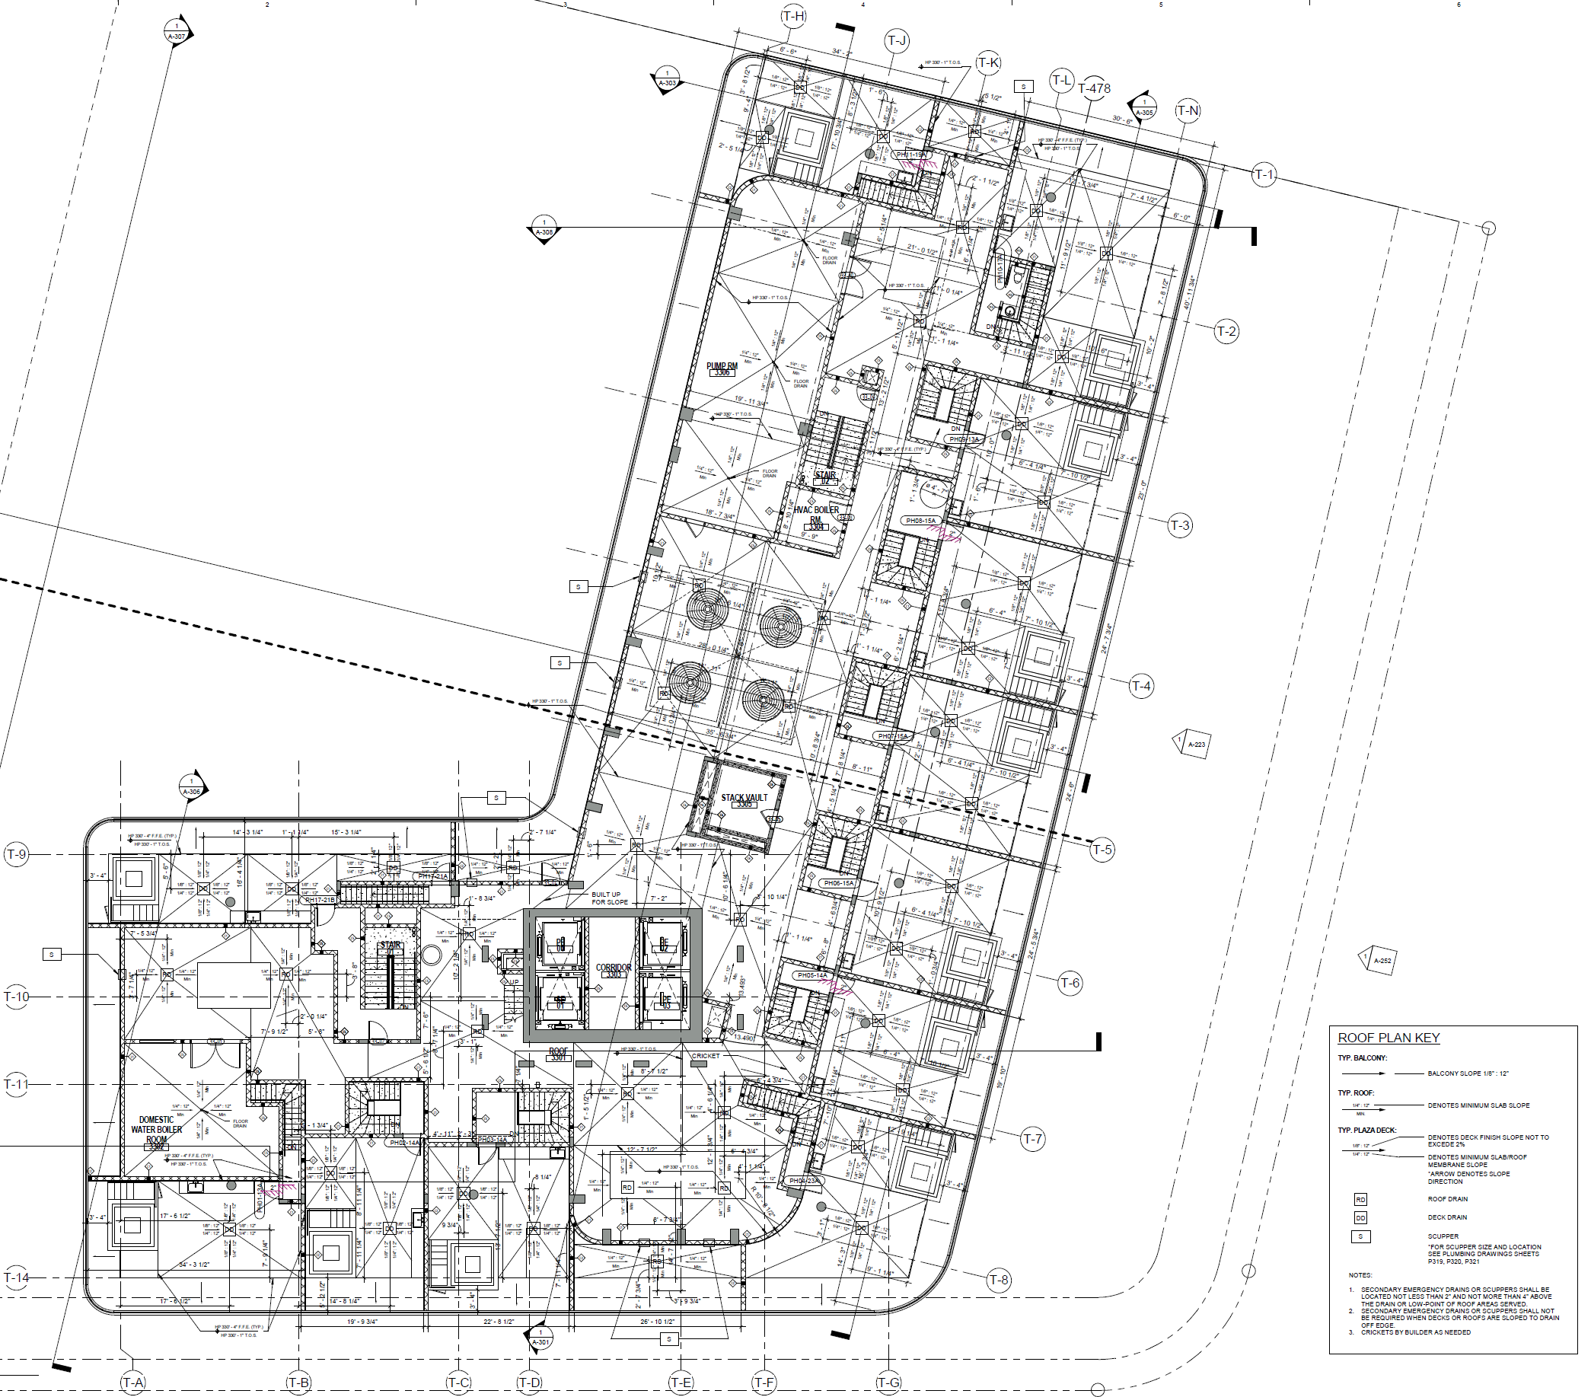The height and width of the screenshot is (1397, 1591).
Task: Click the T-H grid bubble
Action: coord(793,16)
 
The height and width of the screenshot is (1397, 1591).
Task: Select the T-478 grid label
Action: coord(1095,89)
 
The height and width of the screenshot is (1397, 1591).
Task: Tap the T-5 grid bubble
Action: coord(1102,849)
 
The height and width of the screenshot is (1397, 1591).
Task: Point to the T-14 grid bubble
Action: coord(15,1277)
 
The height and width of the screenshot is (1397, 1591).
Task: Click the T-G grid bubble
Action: coord(888,1383)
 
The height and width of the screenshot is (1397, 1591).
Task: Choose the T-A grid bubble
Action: coord(133,1383)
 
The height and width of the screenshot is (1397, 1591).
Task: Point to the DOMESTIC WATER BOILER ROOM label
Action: coord(157,1130)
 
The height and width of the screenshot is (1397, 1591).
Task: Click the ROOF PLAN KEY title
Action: coord(1388,1038)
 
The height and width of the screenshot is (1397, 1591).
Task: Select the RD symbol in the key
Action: coord(1360,1199)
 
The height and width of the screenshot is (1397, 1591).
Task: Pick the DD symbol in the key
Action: coord(1360,1217)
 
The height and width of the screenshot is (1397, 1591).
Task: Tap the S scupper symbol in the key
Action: coord(1360,1236)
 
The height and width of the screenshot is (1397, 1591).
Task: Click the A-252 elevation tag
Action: coord(1379,959)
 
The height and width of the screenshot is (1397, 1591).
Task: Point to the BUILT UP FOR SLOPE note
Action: coord(610,898)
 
